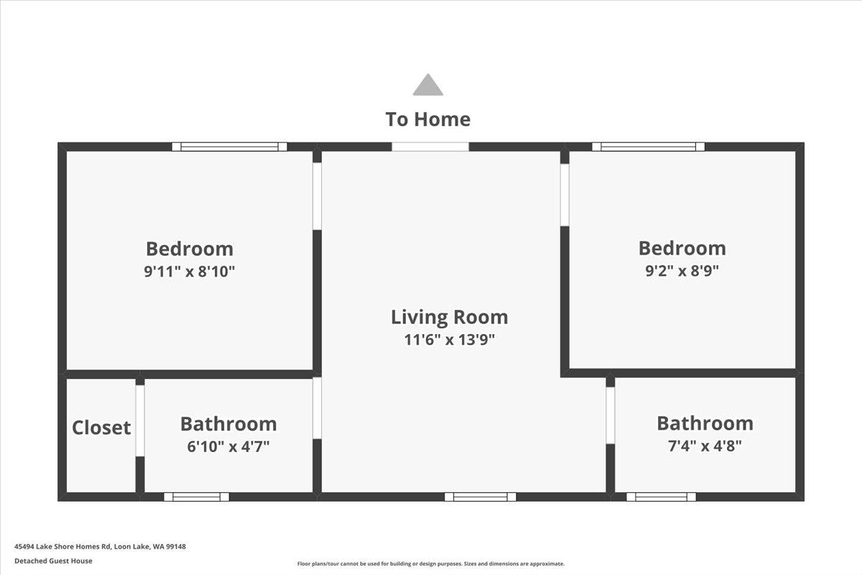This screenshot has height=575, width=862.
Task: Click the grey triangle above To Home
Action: tap(427, 85)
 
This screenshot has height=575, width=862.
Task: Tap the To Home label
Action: tap(428, 119)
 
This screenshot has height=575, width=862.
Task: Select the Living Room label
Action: tap(450, 318)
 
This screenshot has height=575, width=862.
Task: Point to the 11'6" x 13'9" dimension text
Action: tap(450, 340)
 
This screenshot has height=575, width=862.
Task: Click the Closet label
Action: tap(101, 428)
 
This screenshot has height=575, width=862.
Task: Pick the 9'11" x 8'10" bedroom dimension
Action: tap(190, 272)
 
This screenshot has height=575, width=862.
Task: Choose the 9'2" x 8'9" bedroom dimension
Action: tap(682, 271)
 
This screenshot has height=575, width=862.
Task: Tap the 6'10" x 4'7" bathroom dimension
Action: tap(228, 446)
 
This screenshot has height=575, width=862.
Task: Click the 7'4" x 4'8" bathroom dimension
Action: tap(705, 446)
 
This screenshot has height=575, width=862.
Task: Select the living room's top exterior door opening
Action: tap(430, 147)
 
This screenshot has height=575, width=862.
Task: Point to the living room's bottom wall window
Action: tap(481, 497)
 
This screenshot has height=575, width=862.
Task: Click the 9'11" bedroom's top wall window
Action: tap(229, 147)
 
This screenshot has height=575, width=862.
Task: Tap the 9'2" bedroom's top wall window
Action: tap(649, 147)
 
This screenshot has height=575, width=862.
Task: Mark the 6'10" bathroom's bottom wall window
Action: tap(196, 497)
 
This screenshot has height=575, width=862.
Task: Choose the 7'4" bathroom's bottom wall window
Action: tap(661, 497)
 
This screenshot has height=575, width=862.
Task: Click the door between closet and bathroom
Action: tap(140, 420)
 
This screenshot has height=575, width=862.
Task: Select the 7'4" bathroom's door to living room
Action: tap(611, 415)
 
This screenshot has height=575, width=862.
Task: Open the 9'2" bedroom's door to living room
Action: tap(565, 195)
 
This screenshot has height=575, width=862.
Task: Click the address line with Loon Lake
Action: tap(100, 546)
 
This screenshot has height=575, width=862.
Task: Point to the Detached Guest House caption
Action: tap(53, 561)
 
